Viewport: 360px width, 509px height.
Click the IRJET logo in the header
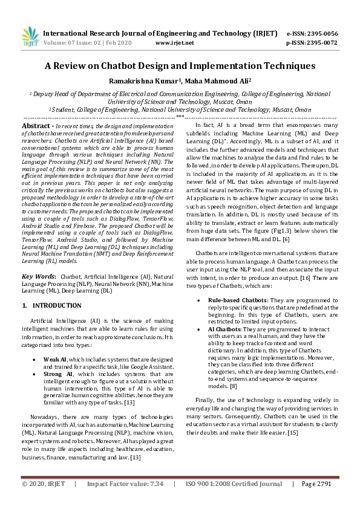(x=30, y=38)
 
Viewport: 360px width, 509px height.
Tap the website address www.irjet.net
(x=174, y=44)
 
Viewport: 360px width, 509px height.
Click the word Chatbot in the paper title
(x=150, y=65)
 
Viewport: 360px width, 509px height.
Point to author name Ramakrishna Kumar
(x=150, y=80)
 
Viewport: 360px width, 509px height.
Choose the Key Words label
(x=38, y=276)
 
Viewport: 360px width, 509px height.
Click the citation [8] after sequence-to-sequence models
(x=233, y=385)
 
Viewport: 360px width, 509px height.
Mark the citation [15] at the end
(x=293, y=433)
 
